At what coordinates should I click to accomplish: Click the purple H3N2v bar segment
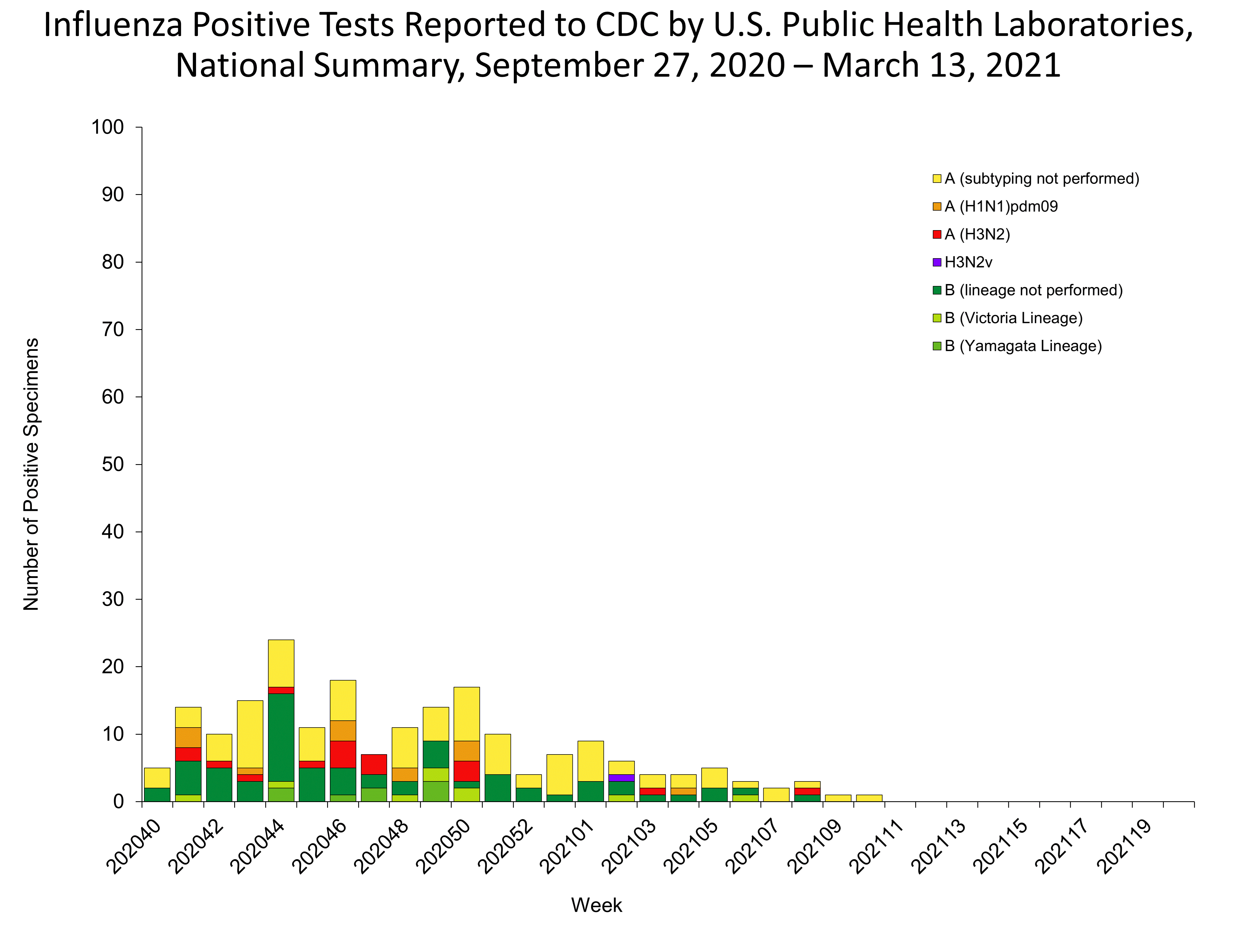point(621,778)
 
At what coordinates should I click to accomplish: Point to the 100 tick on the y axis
point(107,128)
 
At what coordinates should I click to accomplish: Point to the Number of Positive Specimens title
point(31,474)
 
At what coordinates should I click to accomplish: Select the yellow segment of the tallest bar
point(281,663)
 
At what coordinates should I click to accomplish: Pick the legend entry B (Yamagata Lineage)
point(1022,346)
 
